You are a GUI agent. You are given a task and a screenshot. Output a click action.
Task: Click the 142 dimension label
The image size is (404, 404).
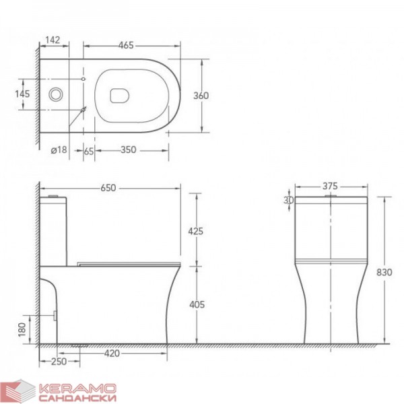pyautogui.click(x=53, y=40)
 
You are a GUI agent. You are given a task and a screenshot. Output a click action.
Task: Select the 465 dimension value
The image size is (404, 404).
pyautogui.click(x=126, y=45)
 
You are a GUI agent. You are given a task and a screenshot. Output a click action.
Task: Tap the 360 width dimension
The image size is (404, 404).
pyautogui.click(x=201, y=96)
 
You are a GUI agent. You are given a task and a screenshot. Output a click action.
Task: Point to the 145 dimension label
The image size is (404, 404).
pyautogui.click(x=22, y=94)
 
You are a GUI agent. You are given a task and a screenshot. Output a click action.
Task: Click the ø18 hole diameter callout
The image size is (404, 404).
pyautogui.click(x=59, y=149)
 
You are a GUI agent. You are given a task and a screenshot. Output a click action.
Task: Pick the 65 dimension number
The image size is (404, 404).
pyautogui.click(x=89, y=151)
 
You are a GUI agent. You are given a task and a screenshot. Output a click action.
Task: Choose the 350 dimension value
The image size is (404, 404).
pyautogui.click(x=129, y=149)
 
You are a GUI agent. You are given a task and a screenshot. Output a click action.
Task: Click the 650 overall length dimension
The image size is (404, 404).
pyautogui.click(x=108, y=188)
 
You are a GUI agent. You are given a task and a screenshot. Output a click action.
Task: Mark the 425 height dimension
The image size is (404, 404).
pyautogui.click(x=195, y=232)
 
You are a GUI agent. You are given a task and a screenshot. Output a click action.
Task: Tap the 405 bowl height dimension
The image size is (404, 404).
pyautogui.click(x=197, y=304)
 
